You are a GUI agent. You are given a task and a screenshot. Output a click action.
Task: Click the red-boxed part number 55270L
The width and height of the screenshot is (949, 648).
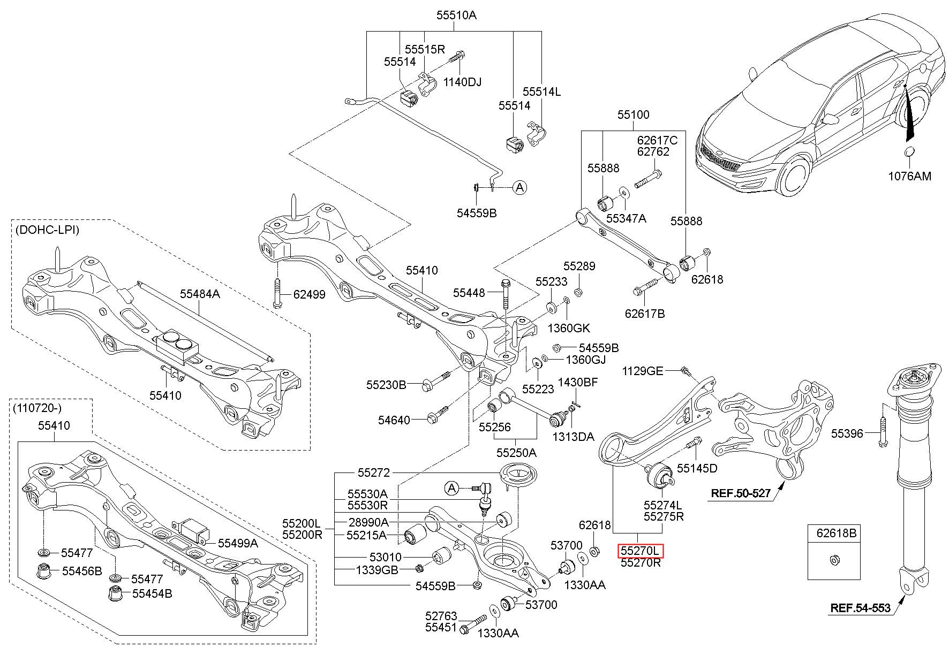[641, 551]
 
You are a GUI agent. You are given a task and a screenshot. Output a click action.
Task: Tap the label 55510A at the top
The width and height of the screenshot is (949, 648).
[456, 15]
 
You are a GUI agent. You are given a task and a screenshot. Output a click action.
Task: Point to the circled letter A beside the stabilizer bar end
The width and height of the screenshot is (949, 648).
[519, 187]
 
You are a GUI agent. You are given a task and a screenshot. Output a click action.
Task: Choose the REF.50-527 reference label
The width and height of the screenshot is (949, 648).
[741, 493]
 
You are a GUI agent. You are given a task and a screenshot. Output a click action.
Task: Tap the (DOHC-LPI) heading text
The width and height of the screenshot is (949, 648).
[47, 230]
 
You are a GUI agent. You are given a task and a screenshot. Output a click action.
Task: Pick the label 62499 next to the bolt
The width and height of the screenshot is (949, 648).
[308, 294]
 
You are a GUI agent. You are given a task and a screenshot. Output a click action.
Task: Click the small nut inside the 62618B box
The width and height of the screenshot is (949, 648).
[833, 560]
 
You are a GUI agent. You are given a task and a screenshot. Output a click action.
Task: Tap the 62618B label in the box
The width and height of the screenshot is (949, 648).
[837, 533]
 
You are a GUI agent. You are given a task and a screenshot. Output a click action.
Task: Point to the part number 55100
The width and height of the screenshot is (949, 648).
[634, 115]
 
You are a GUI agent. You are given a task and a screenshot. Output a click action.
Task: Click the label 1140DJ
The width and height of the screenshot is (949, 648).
[462, 82]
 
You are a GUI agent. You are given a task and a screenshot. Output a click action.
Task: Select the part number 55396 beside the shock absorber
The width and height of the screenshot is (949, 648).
[847, 433]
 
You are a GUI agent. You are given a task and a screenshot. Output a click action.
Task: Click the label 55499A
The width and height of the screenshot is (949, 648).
[238, 543]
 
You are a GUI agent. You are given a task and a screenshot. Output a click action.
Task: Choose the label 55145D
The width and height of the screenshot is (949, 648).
[697, 469]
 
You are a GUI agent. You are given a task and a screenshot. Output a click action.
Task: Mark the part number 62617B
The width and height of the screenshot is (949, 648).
[645, 314]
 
